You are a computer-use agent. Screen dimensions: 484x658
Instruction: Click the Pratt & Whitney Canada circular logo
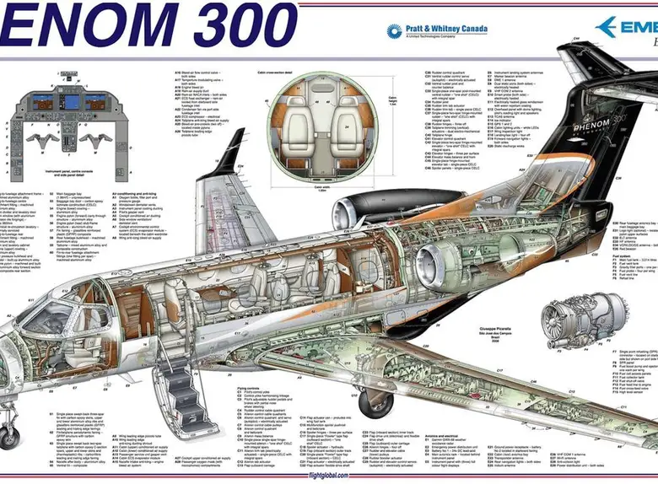(394, 31)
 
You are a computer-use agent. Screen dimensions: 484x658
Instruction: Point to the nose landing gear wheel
(8, 438)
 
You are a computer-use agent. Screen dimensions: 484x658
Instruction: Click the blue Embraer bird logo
(607, 28)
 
